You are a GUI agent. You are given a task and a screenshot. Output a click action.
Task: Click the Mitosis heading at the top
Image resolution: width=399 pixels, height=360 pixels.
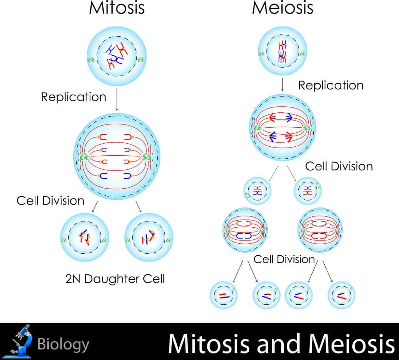[117, 8]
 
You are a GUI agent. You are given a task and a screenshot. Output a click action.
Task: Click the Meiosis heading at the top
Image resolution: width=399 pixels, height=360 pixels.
[282, 8]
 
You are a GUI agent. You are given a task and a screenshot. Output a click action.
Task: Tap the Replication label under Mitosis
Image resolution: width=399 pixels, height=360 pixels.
[74, 97]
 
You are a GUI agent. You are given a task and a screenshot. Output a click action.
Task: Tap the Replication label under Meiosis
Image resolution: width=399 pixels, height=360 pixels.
[331, 85]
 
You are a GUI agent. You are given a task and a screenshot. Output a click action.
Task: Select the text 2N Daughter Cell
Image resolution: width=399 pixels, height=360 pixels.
[115, 279]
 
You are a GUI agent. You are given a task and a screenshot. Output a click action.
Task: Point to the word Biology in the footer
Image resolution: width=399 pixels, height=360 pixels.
[63, 345]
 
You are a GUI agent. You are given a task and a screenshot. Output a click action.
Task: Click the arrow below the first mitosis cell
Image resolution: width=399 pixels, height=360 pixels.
[117, 99]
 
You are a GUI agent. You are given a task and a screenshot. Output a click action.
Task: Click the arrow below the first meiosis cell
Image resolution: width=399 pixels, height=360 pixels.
[282, 85]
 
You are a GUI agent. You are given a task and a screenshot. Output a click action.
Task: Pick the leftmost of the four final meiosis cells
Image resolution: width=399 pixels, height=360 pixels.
[223, 295]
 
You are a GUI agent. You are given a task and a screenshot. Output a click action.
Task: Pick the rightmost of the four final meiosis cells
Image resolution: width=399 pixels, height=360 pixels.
[341, 295]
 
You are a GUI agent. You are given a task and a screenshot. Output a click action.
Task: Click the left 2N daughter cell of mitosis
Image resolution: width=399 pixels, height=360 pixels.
[85, 237]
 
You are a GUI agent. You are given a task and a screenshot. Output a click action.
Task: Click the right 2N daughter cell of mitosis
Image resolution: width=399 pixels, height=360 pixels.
[149, 237]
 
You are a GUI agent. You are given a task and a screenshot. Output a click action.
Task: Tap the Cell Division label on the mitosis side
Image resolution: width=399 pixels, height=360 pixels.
[50, 200]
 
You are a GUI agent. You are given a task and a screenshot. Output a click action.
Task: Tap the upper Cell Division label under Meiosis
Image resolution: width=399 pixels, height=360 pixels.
[339, 166]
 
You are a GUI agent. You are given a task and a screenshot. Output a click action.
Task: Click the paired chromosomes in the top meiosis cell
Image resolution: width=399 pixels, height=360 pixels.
[282, 52]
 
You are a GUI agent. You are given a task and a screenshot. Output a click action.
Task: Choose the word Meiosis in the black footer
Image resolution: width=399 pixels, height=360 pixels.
[351, 344]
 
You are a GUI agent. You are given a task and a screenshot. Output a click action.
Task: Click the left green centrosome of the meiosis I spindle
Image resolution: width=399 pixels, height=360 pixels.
[258, 128]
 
